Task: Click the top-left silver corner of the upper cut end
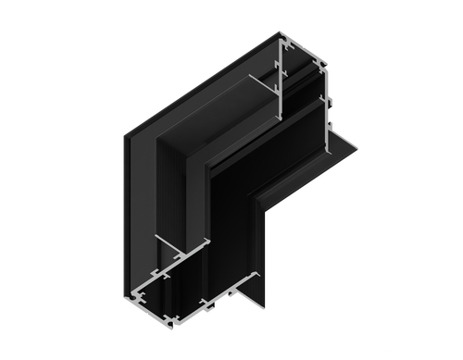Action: (x=281, y=37)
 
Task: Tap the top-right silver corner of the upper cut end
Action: (x=329, y=66)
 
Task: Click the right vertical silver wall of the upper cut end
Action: (x=325, y=93)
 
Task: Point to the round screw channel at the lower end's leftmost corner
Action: (x=136, y=298)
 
